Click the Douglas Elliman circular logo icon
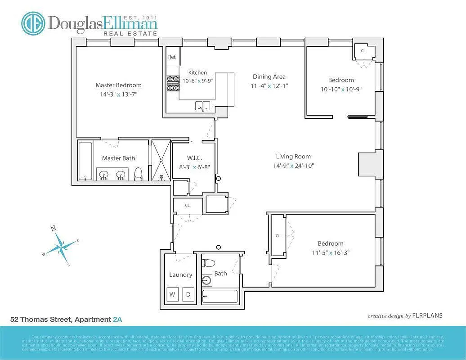33,23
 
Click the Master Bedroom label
118,85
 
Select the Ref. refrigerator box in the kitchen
172,57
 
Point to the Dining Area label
269,76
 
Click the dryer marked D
188,295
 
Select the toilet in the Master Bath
139,173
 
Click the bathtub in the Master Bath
85,161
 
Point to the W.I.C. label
194,158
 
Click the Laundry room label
180,274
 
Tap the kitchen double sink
202,106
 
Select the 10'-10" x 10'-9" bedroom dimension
341,89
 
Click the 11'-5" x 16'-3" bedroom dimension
331,252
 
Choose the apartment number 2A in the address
117,319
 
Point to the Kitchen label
197,72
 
